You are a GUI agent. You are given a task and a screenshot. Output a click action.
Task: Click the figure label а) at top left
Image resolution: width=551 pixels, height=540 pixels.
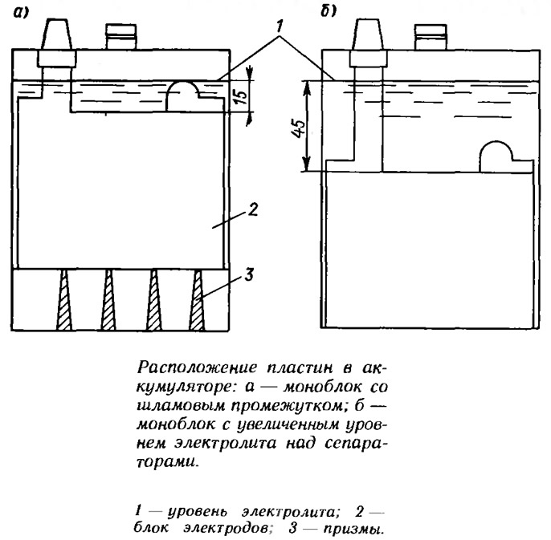(x=22, y=13)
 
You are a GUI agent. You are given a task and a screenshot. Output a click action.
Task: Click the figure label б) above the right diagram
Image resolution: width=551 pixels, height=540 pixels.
(x=329, y=11)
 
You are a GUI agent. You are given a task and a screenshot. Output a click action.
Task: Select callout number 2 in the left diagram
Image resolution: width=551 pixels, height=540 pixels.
(x=253, y=209)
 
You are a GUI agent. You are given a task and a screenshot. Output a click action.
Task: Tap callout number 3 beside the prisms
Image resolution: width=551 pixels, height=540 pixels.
(x=248, y=274)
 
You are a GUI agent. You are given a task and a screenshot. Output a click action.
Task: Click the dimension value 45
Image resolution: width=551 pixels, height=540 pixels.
(x=300, y=128)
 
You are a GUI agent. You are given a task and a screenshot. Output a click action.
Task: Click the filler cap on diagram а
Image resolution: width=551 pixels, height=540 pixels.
(x=121, y=37)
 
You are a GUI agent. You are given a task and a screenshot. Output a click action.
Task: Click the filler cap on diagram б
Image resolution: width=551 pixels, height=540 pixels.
(x=431, y=37)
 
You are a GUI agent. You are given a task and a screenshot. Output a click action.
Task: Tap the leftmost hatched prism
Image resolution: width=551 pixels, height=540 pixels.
(x=64, y=300)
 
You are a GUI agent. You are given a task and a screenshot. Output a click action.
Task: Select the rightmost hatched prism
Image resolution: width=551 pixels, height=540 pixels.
(x=197, y=300)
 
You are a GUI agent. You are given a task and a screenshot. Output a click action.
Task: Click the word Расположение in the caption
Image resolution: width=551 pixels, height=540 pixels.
(x=197, y=368)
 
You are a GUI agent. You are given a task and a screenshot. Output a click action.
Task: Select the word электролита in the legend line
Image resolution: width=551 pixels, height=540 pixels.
(x=291, y=512)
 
